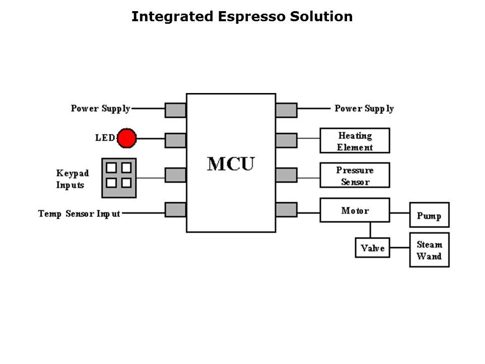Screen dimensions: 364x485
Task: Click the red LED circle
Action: [126, 138]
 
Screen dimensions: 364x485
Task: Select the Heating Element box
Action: [355, 141]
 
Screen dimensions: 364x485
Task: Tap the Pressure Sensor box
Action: [355, 175]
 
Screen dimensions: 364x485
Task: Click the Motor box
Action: [355, 210]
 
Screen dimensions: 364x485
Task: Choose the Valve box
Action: [372, 248]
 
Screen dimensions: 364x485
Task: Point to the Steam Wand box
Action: [429, 250]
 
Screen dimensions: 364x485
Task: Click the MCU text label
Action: [231, 164]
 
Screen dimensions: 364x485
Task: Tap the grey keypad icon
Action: [119, 177]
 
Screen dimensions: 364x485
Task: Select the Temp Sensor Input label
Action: [79, 213]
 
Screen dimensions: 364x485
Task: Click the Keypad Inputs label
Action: [72, 179]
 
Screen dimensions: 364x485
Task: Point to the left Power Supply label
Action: [101, 108]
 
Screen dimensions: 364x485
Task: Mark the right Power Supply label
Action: [364, 108]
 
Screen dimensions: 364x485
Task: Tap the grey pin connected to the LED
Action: [175, 140]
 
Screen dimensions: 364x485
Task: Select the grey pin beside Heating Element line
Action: [286, 140]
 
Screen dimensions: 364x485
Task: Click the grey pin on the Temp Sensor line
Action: [175, 209]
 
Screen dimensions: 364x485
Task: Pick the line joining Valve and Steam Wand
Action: [399, 248]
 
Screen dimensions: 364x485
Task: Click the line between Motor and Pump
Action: [399, 213]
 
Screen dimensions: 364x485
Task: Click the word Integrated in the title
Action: [172, 17]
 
